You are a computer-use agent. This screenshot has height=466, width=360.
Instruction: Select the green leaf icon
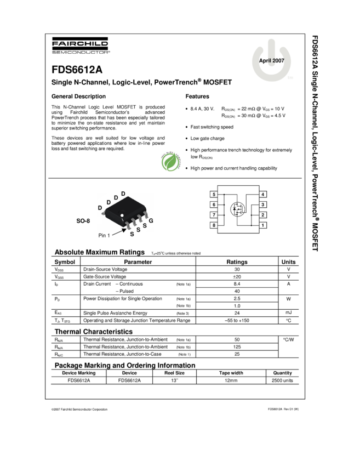(x=171, y=161)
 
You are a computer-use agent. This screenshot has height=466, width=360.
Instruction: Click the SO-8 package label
(x=83, y=221)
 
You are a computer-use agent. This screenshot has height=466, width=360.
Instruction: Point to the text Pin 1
(x=105, y=235)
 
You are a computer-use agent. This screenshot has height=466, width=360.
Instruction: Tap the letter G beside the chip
(x=151, y=220)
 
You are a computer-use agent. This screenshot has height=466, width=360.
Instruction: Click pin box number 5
(x=214, y=195)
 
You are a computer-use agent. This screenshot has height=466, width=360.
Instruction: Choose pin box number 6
(x=214, y=204)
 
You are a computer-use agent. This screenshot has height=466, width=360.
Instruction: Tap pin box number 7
(x=214, y=215)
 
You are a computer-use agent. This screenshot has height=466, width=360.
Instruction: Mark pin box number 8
(x=214, y=225)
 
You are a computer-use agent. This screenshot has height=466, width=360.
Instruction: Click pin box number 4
(x=263, y=195)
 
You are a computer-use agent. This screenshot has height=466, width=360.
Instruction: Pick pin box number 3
(x=263, y=204)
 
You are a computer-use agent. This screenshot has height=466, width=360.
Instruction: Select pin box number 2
(x=263, y=215)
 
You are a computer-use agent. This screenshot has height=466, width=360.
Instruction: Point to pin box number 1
(x=263, y=225)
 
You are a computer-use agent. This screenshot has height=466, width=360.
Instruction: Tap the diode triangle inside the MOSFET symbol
(x=235, y=209)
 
